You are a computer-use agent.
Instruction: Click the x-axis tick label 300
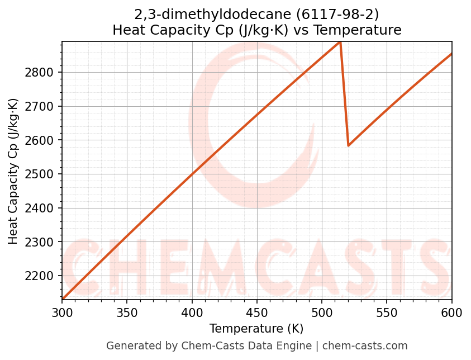pyautogui.click(x=62, y=312)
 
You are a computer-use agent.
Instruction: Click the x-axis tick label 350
pyautogui.click(x=127, y=312)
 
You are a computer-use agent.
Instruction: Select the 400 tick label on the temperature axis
pyautogui.click(x=192, y=312)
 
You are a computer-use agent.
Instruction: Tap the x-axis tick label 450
pyautogui.click(x=257, y=312)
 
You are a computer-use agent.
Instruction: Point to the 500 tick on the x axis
pyautogui.click(x=322, y=312)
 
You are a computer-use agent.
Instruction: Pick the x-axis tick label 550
pyautogui.click(x=387, y=312)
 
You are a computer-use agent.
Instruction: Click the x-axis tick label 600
pyautogui.click(x=451, y=312)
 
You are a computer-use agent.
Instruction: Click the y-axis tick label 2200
pyautogui.click(x=41, y=276)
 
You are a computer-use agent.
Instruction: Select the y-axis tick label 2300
pyautogui.click(x=41, y=242)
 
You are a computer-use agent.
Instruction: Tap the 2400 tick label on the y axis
pyautogui.click(x=41, y=208)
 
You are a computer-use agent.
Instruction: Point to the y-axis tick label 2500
pyautogui.click(x=41, y=174)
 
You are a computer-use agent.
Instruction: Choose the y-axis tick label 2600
pyautogui.click(x=41, y=140)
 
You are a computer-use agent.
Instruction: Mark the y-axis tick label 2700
pyautogui.click(x=41, y=106)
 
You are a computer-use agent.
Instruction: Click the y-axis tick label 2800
pyautogui.click(x=41, y=72)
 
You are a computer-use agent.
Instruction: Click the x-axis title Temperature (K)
pyautogui.click(x=256, y=329)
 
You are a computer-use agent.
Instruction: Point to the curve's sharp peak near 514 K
pyautogui.click(x=340, y=42)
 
